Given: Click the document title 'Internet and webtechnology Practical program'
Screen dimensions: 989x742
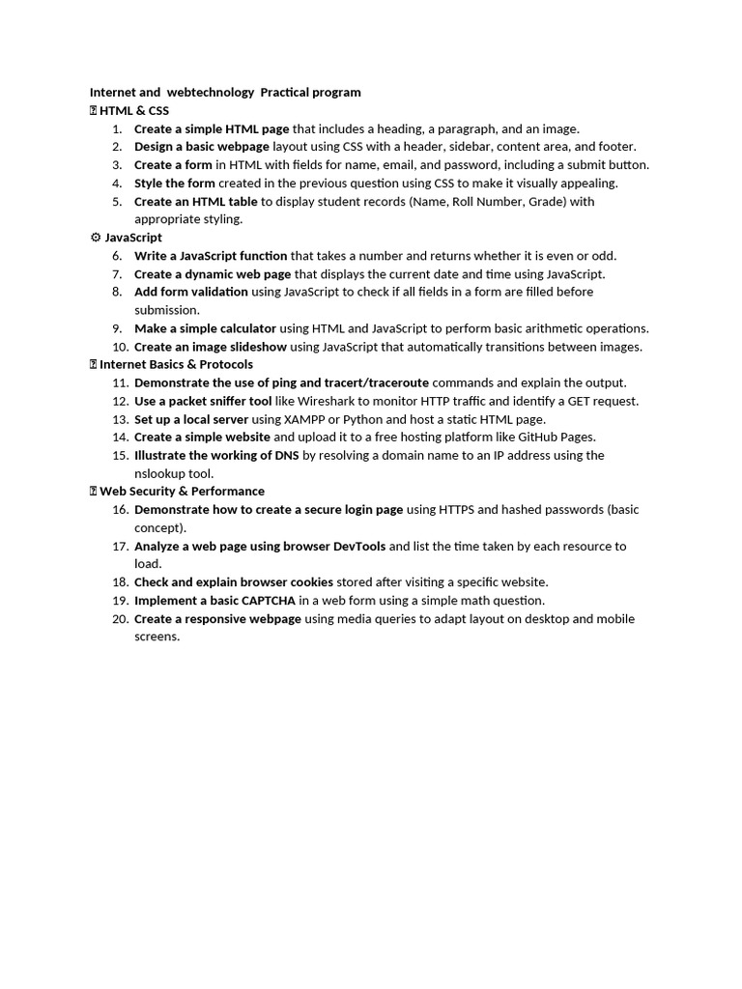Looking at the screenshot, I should click(x=225, y=93).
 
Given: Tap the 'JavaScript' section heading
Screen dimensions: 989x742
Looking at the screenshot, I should click(x=133, y=238).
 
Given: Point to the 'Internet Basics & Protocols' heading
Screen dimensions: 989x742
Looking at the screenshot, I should click(x=176, y=364).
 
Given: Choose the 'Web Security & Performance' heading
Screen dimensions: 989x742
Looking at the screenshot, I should click(x=182, y=492).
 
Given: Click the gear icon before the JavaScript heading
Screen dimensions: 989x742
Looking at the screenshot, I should click(x=95, y=238).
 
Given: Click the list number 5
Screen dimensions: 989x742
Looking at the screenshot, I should click(x=117, y=202).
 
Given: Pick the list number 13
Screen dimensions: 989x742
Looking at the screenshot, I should click(x=120, y=419).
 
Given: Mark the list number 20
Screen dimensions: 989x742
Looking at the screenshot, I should click(x=120, y=619).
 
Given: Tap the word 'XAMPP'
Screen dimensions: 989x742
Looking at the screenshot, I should click(x=305, y=419).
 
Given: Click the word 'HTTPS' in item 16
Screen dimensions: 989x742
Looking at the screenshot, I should click(x=455, y=510).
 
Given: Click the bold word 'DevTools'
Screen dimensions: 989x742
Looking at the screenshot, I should click(x=358, y=547).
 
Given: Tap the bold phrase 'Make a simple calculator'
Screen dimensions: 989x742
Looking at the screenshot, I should click(x=205, y=328).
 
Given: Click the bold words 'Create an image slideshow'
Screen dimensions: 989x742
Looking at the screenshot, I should click(x=211, y=347).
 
